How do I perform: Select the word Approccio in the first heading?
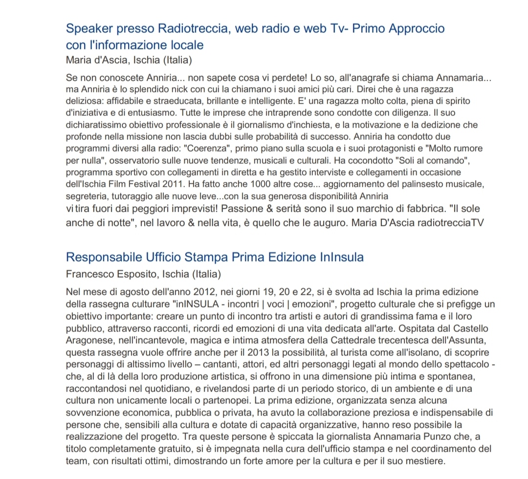click(416, 28)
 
